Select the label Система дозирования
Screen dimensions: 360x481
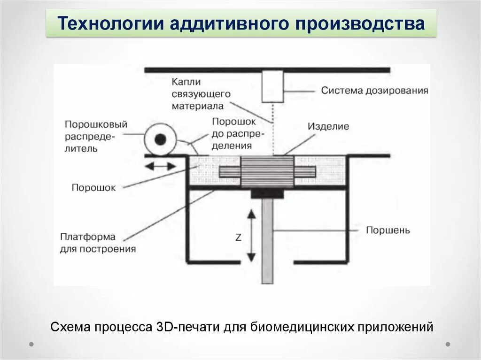coord(374,90)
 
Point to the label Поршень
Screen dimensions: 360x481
coord(388,230)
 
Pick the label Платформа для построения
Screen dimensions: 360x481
coord(97,243)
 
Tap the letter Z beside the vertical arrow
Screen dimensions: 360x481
coord(238,238)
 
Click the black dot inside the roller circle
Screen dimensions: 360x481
coord(161,139)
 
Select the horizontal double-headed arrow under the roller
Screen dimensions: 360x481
coord(160,166)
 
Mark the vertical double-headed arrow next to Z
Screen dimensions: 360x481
coord(251,236)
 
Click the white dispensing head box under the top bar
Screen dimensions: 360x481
coord(273,86)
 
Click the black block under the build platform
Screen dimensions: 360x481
coord(267,193)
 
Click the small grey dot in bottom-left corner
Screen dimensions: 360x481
coord(31,344)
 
